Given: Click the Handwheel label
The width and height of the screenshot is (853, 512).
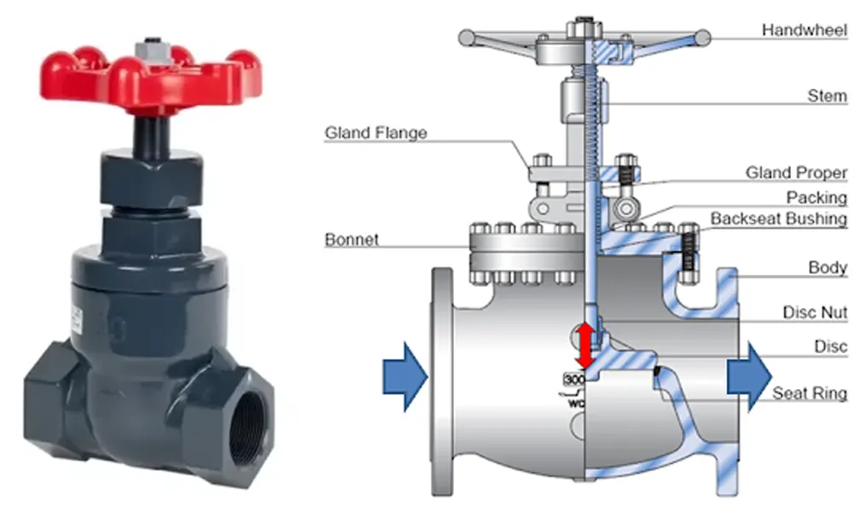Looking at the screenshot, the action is coord(804,30).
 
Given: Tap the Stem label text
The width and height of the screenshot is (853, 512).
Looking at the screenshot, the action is coord(827,96).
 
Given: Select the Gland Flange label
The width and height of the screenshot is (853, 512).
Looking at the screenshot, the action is coord(376,133).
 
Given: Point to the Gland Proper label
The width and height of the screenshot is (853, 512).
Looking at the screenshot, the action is coord(796,172).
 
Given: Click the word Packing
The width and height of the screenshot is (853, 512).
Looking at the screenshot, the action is coord(816,197).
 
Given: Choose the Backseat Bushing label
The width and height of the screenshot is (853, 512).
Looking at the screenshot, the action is coord(779,218).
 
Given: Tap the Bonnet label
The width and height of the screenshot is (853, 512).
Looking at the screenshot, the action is coord(351,240).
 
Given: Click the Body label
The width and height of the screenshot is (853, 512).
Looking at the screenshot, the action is coord(827,267).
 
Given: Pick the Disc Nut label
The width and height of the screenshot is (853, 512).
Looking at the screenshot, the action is coord(815,312).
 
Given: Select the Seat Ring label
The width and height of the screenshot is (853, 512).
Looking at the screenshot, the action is coord(809,393).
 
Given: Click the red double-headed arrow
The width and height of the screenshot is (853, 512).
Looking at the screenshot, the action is coord(585,346).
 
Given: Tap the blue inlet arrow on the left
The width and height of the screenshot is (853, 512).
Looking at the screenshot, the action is coord(405,376).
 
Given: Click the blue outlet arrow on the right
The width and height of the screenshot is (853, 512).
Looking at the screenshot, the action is coord(749,376).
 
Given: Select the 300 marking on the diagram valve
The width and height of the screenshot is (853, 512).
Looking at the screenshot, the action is coord(574,379).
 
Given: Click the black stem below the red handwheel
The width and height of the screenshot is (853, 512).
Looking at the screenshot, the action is coord(152,136).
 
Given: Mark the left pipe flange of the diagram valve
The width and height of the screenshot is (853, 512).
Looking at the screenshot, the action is coord(442,381).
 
